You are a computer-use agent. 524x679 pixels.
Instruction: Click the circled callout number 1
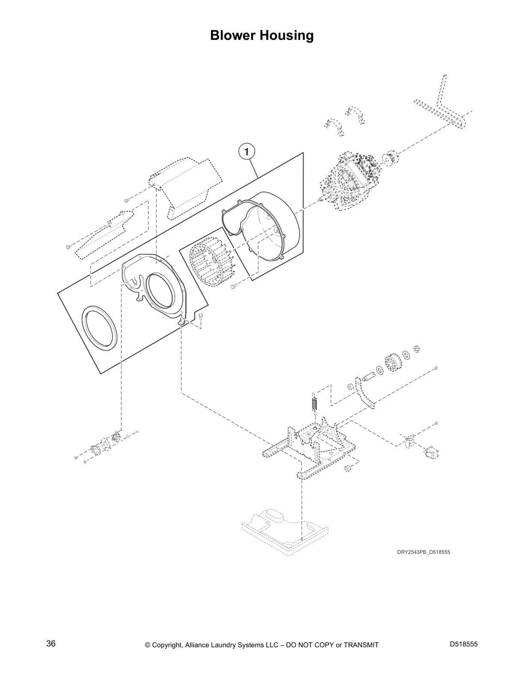(x=246, y=151)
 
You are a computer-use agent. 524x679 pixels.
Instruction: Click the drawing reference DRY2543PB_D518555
(x=423, y=552)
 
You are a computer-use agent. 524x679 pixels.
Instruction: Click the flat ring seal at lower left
(x=99, y=327)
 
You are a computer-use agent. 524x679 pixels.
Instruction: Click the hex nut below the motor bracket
(x=347, y=468)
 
